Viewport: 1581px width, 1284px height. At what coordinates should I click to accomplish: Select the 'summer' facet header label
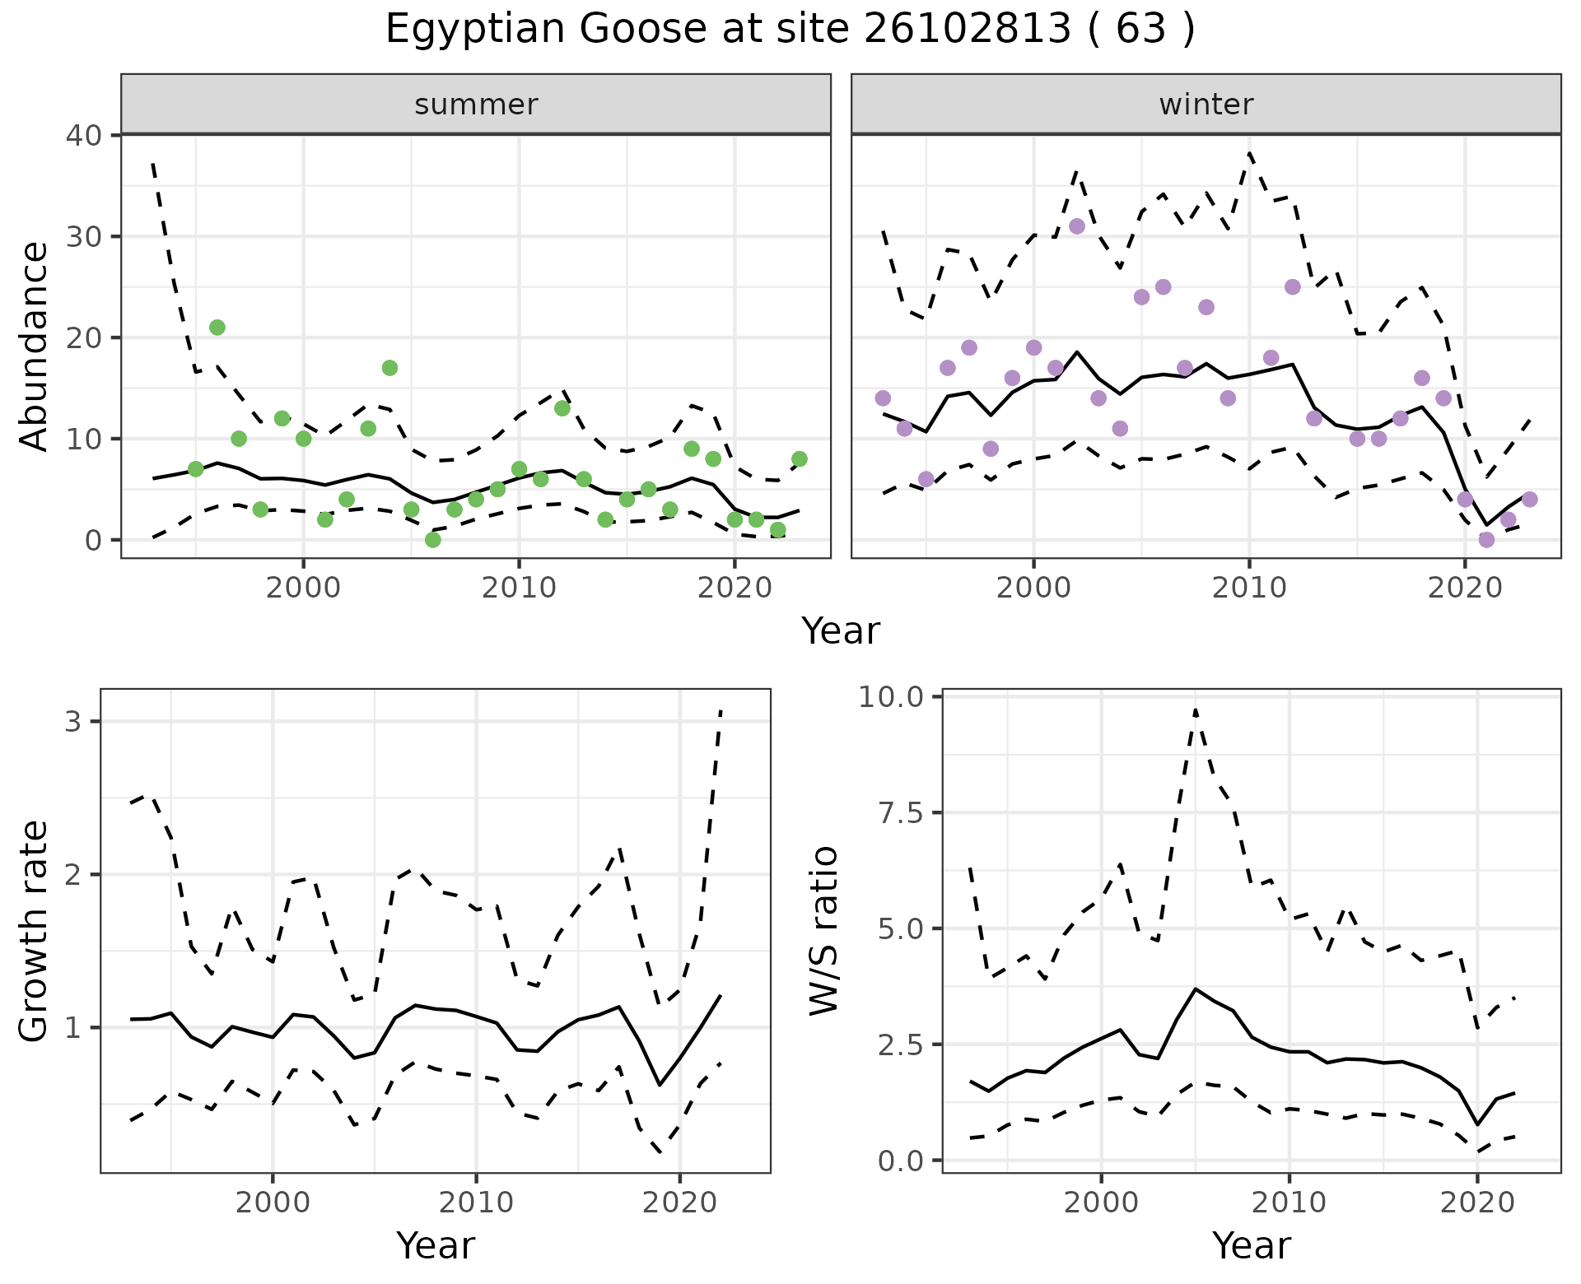[476, 105]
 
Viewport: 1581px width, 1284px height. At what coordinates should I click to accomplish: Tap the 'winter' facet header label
[1206, 105]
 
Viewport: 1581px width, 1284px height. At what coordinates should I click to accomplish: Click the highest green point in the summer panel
[217, 328]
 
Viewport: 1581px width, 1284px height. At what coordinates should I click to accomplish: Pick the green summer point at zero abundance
[433, 540]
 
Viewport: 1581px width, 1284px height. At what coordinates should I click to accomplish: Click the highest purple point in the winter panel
[1077, 226]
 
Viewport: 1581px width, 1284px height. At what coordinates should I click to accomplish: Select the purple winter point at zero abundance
[1486, 540]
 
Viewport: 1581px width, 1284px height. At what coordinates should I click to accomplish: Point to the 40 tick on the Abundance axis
[82, 135]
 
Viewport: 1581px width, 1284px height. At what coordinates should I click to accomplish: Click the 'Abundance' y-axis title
[35, 346]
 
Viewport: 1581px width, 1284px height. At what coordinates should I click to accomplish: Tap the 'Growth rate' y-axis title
[35, 931]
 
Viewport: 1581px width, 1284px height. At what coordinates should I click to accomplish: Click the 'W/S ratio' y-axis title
[823, 931]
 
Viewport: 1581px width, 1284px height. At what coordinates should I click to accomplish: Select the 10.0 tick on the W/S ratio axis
[893, 697]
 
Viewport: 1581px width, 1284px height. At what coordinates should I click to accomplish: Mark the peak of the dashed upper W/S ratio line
[1195, 709]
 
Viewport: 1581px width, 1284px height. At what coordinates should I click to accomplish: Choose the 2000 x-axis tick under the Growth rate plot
[273, 1203]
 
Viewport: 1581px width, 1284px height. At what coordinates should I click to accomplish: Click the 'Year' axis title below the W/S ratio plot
[1251, 1246]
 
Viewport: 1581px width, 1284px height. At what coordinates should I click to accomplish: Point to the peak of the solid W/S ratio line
[1195, 989]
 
